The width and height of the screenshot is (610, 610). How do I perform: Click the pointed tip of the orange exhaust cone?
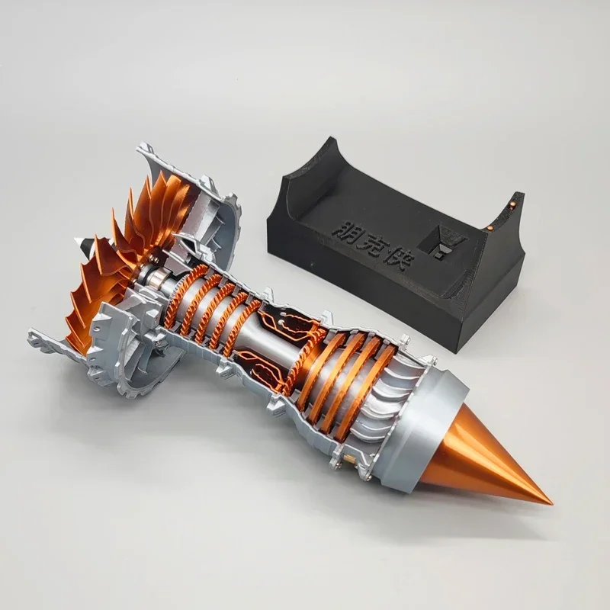551,503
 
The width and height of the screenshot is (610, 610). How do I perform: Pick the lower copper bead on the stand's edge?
491,228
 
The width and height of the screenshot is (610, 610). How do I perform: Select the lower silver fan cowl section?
130,358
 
